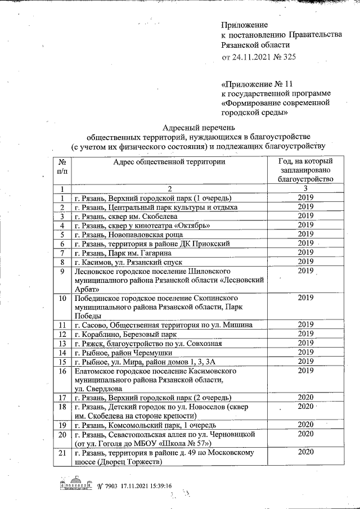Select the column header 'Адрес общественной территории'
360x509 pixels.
tap(169, 162)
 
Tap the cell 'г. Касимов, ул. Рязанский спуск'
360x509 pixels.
tap(137, 262)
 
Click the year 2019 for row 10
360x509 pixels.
tap(305, 298)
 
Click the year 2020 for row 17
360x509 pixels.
tap(305, 397)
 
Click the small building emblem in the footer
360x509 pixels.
tap(73, 485)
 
